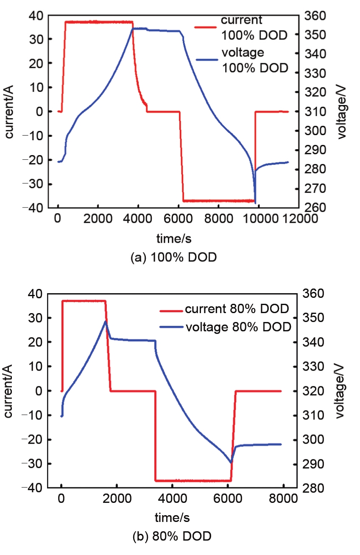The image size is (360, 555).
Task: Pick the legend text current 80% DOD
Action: click(237, 308)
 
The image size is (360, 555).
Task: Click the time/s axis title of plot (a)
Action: click(174, 239)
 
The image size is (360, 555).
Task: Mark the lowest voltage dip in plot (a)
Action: click(255, 203)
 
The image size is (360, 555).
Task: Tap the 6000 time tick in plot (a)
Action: click(178, 219)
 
